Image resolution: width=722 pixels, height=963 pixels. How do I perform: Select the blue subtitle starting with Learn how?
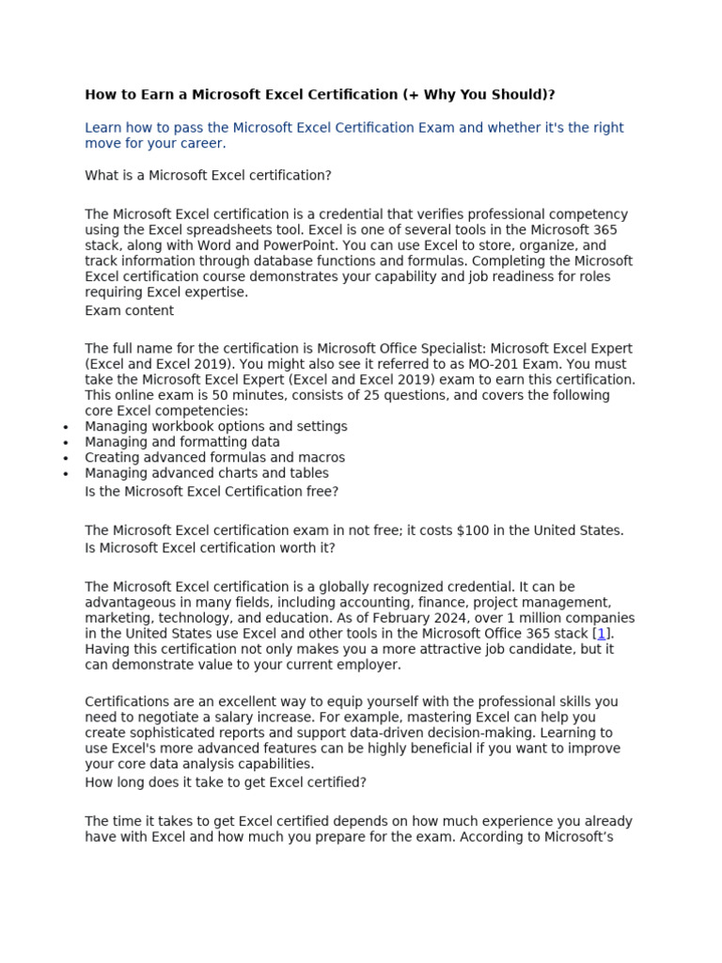[353, 135]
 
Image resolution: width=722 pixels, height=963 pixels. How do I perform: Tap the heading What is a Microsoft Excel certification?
[208, 176]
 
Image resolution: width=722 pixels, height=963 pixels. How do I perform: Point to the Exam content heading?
[129, 311]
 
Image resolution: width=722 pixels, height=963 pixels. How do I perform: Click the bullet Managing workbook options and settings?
[215, 427]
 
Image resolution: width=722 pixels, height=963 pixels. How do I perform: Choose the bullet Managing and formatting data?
[181, 442]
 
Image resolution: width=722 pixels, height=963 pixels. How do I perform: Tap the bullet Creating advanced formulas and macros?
[214, 458]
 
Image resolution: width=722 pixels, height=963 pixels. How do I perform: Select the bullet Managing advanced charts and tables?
[206, 473]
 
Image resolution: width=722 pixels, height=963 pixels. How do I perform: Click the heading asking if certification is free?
[212, 491]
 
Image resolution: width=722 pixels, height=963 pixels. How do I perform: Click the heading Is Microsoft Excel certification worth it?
[210, 548]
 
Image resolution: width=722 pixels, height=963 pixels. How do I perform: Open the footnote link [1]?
[602, 634]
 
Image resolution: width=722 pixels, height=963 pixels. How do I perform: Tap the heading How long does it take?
[226, 782]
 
